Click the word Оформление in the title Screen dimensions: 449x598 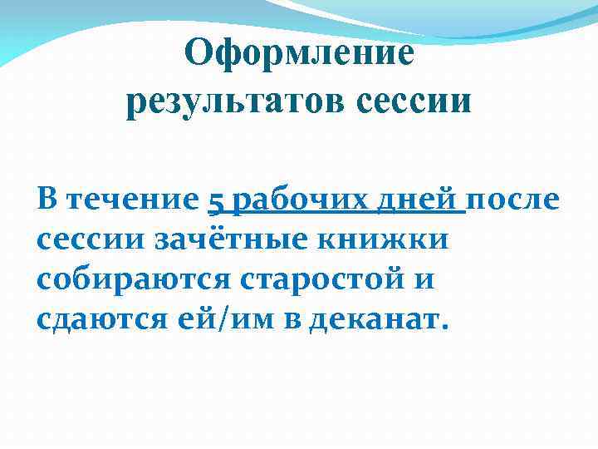coord(299,54)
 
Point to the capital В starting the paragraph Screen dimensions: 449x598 coord(47,200)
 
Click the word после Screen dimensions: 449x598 coord(514,200)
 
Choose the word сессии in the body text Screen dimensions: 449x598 coord(91,241)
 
